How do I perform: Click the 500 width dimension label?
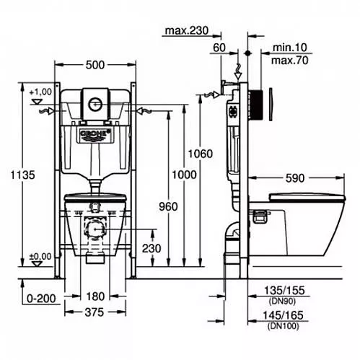tap(95, 65)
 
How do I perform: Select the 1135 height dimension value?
tap(23, 175)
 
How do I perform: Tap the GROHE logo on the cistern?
tap(95, 133)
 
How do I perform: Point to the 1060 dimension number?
tap(201, 154)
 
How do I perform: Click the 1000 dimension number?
tap(184, 175)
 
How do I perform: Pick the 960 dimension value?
tap(168, 206)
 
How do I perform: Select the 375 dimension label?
tap(95, 312)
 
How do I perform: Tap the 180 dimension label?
tap(95, 297)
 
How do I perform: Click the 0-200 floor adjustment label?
tap(41, 299)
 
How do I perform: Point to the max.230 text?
tap(187, 31)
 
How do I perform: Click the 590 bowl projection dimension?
tap(295, 178)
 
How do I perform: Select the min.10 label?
tap(290, 48)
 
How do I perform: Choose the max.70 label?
tap(290, 61)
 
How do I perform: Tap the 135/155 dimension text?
tap(284, 291)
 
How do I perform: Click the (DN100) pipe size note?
tap(284, 326)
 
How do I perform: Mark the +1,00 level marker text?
tap(40, 92)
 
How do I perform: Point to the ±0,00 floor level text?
tap(40, 257)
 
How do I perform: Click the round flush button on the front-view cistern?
tap(95, 104)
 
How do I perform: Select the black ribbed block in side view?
tap(256, 105)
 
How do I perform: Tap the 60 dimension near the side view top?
tap(219, 48)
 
